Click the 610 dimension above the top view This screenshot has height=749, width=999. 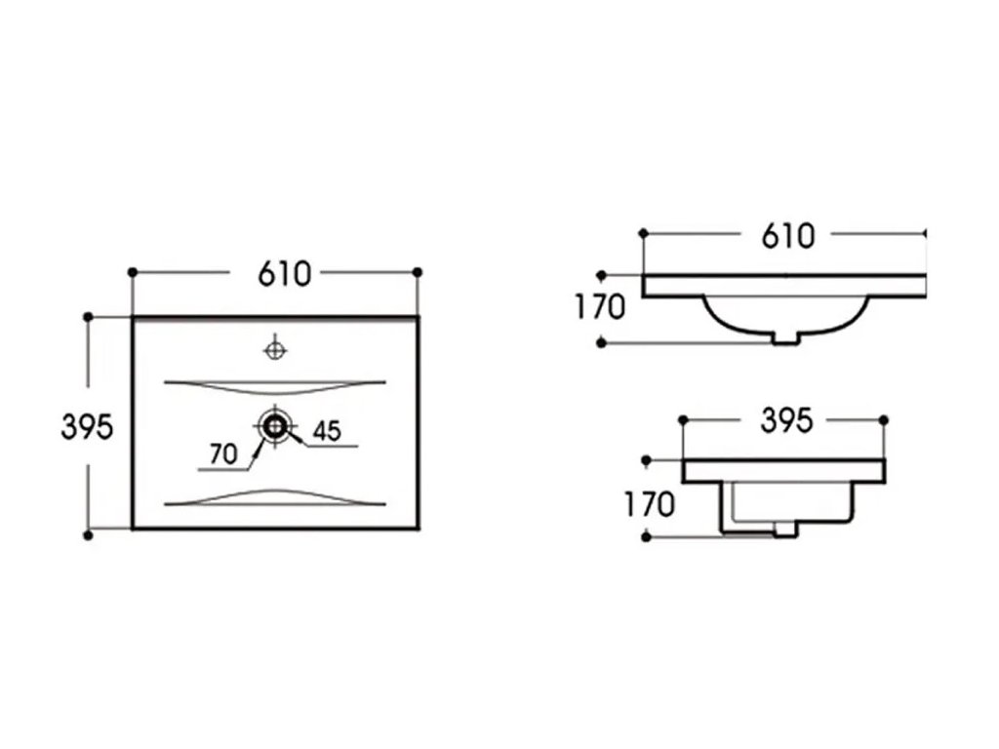(284, 275)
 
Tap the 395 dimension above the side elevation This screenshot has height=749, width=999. (785, 421)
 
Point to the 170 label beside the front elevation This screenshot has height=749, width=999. (598, 308)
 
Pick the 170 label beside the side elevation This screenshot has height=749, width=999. (648, 504)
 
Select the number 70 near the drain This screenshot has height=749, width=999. (223, 454)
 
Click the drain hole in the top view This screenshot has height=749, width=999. (276, 425)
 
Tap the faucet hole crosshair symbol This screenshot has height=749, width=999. (276, 347)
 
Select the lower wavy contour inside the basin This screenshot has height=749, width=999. (276, 497)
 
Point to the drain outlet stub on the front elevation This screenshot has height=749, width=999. (786, 337)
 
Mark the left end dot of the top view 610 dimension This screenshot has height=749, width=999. (133, 271)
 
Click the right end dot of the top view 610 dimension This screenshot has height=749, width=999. (419, 271)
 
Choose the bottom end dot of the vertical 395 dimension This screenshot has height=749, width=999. (89, 534)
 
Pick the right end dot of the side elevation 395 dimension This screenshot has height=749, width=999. (884, 420)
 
